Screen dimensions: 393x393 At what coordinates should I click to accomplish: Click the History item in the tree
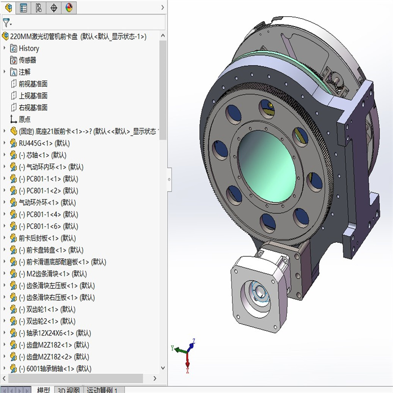[28, 48]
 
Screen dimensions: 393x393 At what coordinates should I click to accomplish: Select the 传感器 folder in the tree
[27, 60]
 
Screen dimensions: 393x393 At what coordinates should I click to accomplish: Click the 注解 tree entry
[25, 72]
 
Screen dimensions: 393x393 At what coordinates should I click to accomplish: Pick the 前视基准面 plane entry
[33, 84]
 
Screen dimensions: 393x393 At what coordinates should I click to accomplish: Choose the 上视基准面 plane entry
[33, 95]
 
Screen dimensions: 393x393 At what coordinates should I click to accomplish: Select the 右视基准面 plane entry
[33, 107]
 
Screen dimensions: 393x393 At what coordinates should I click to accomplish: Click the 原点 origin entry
[25, 119]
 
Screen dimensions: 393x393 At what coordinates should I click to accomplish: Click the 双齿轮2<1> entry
[47, 321]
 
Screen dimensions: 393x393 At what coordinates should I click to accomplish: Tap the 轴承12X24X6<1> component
[54, 333]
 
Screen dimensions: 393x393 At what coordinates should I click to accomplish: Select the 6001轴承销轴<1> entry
[54, 368]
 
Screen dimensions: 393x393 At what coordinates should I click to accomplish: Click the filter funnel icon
[6, 23]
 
